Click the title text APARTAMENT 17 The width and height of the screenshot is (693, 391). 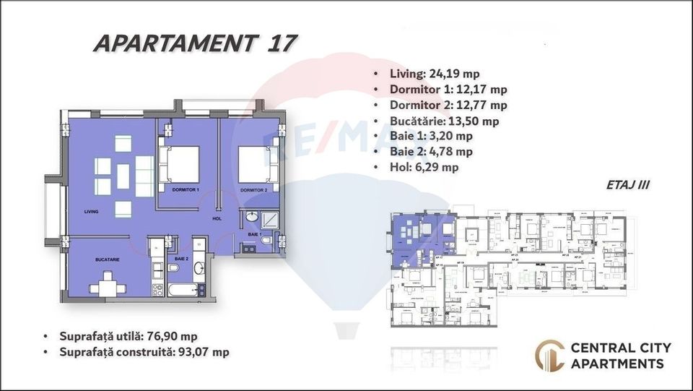[x=194, y=43]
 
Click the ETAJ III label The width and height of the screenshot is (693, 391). [x=627, y=185]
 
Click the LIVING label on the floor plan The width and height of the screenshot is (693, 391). [x=91, y=212]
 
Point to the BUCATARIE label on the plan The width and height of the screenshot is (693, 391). [x=106, y=258]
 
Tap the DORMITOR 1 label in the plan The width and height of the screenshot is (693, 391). [x=186, y=190]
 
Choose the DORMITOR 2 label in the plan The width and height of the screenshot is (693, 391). [x=254, y=190]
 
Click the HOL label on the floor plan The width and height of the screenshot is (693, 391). [x=216, y=218]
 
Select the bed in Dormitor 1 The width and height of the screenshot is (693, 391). [x=180, y=166]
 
